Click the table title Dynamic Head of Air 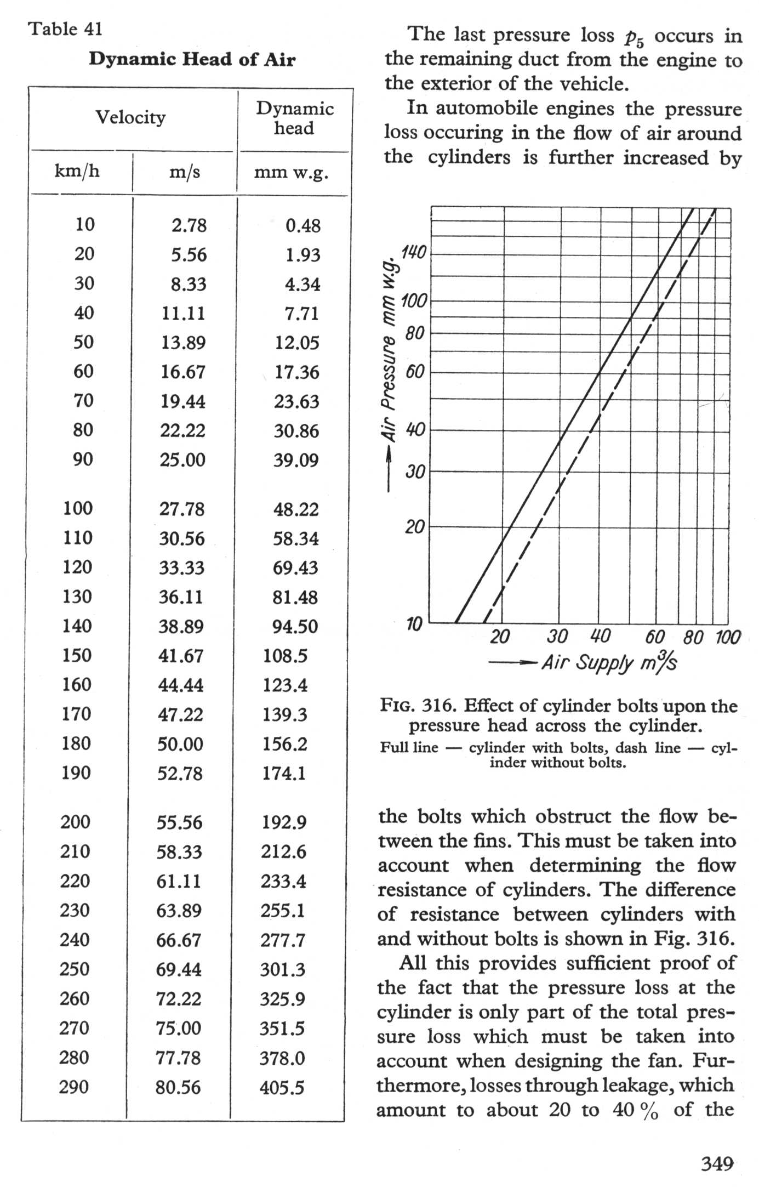pyautogui.click(x=192, y=59)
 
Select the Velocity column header pyautogui.click(x=130, y=117)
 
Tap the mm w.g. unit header pyautogui.click(x=291, y=173)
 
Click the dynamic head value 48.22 pyautogui.click(x=296, y=509)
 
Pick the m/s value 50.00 pyautogui.click(x=181, y=744)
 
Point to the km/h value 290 pyautogui.click(x=74, y=1087)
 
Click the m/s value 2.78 pyautogui.click(x=189, y=225)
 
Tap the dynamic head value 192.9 pyautogui.click(x=283, y=822)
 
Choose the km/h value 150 pyautogui.click(x=77, y=655)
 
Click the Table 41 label pyautogui.click(x=65, y=29)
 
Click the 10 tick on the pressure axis pyautogui.click(x=414, y=623)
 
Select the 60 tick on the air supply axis pyautogui.click(x=655, y=637)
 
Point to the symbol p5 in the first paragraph pyautogui.click(x=634, y=37)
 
